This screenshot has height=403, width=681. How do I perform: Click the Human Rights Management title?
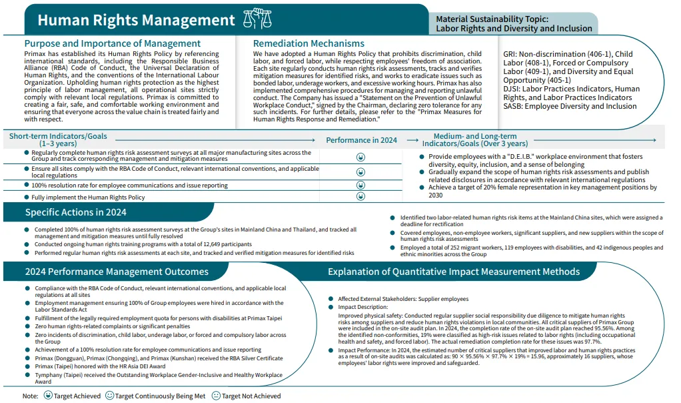point(136,20)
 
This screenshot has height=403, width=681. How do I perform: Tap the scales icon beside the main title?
point(257,19)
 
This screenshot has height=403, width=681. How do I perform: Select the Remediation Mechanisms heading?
point(309,43)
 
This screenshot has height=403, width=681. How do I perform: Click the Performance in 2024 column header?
point(361,140)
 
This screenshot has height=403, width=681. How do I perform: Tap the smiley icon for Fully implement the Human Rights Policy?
point(360,196)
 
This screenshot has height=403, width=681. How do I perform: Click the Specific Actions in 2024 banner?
point(75,213)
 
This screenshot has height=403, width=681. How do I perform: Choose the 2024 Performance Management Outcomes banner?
point(117,272)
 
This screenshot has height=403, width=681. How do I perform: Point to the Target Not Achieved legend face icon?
point(216,396)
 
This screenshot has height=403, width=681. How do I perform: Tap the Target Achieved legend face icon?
point(48,396)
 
